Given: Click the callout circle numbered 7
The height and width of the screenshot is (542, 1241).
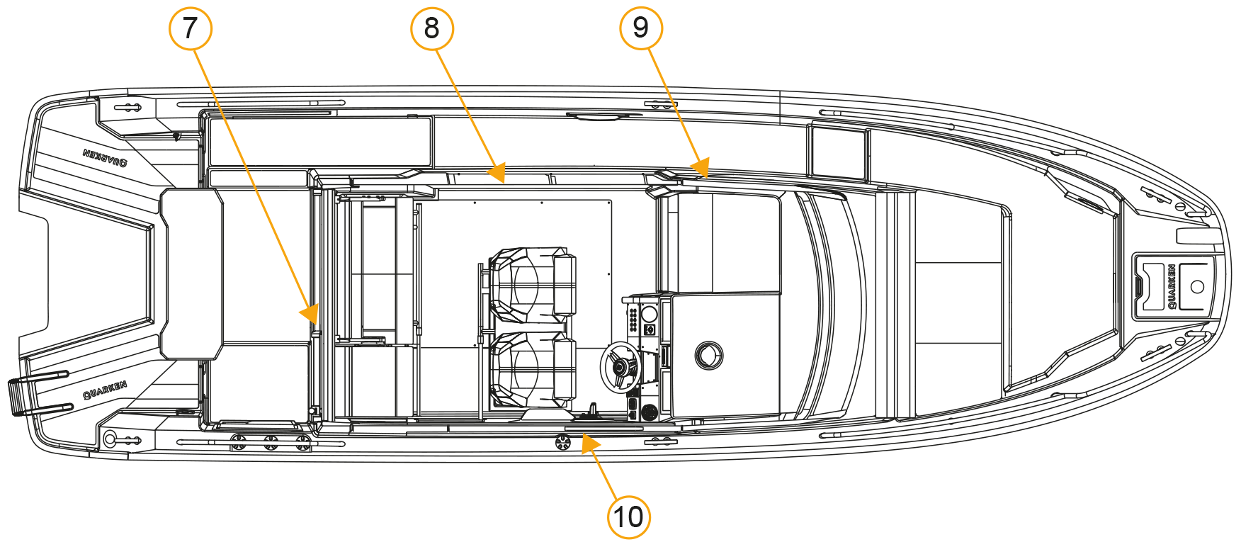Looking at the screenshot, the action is (190, 28).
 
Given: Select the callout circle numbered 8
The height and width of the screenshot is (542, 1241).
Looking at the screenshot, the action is (431, 28).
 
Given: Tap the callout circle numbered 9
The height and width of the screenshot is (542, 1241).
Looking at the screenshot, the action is (640, 28).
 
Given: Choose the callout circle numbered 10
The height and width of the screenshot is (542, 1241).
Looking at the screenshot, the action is (628, 516).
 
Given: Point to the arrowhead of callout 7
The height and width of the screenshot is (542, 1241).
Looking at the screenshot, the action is (310, 312).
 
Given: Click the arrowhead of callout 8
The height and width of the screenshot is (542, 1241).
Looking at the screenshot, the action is (497, 172).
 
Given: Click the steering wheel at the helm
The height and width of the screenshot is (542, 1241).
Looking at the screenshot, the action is (619, 367).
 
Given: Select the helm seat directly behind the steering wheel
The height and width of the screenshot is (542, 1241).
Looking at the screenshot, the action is (532, 371).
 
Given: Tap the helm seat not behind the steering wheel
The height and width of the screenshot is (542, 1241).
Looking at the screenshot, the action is (532, 285).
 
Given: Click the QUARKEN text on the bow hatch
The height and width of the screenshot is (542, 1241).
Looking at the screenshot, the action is (1172, 286).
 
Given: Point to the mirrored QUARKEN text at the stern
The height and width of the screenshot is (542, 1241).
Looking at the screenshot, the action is (105, 157).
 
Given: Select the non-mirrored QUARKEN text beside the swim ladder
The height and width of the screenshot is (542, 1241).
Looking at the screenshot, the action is (105, 389).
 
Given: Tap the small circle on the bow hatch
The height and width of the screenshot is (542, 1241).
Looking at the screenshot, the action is (1197, 287).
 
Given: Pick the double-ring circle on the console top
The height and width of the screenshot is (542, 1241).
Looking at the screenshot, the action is (708, 355).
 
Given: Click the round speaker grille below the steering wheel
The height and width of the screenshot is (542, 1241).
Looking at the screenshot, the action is (649, 412).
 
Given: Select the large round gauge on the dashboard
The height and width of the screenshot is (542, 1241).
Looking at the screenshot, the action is (649, 313).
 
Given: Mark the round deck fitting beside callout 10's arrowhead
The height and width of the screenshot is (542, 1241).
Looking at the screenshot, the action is (562, 442).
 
